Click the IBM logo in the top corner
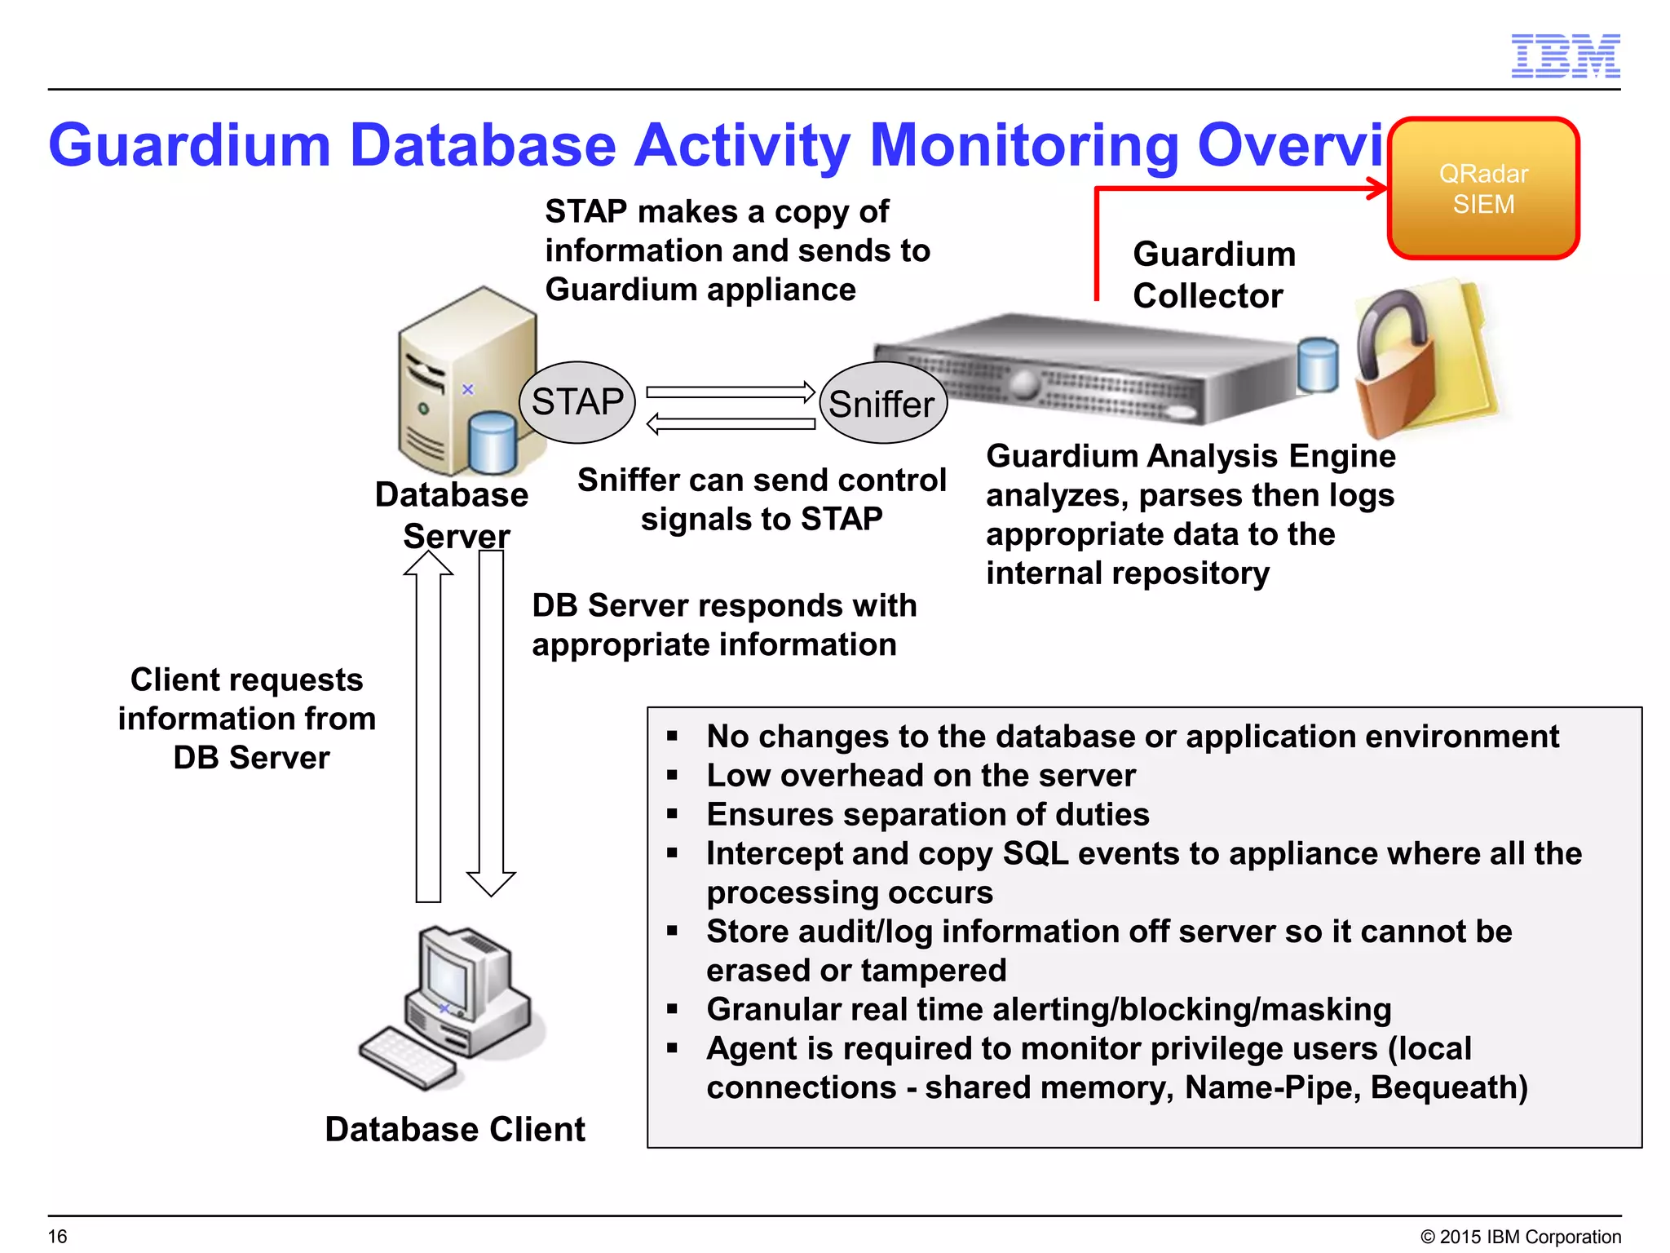(1565, 56)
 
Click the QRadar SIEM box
(1483, 188)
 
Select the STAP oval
(577, 402)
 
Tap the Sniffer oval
(882, 404)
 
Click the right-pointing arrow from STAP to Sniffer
(730, 392)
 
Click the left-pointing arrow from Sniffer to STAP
(730, 424)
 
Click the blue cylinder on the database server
(493, 442)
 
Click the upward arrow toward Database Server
(428, 726)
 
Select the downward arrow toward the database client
(491, 726)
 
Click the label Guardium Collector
(1213, 275)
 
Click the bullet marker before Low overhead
(673, 775)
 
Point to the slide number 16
(57, 1236)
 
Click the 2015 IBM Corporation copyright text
(1521, 1237)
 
